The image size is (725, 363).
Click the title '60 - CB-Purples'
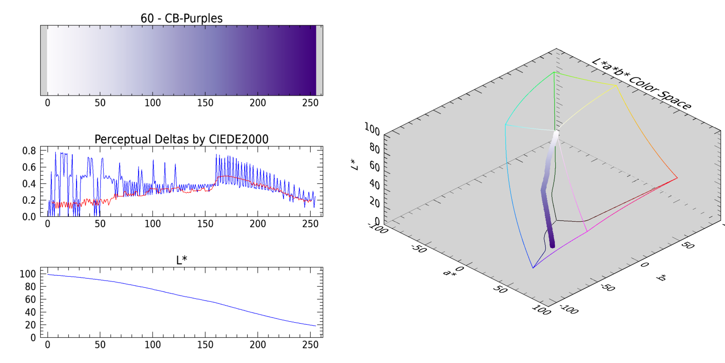(x=181, y=18)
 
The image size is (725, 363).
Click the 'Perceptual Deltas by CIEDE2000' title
(x=181, y=139)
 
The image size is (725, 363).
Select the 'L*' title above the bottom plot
(x=181, y=260)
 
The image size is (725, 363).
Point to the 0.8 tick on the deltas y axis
(x=30, y=150)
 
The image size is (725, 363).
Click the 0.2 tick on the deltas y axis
(x=30, y=200)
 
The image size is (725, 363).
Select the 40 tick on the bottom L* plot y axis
(x=31, y=312)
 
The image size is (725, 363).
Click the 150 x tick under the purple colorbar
(x=205, y=103)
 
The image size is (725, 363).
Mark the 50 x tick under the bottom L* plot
(x=100, y=345)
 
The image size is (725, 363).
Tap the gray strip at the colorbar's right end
(x=319, y=60)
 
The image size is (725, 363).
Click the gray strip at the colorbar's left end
(x=44, y=60)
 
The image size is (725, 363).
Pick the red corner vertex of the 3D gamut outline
(x=677, y=178)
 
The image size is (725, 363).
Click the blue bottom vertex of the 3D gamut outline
(x=533, y=268)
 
